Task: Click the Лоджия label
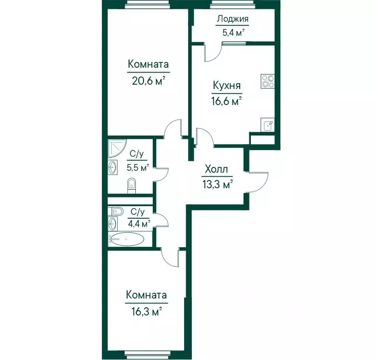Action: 232,19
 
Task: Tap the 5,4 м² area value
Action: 233,32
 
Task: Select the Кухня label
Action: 227,86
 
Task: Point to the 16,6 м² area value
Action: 227,101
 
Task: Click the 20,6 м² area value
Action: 148,81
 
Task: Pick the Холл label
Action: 216,169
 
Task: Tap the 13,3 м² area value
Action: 217,184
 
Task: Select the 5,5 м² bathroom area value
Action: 138,167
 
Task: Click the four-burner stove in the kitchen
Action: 267,81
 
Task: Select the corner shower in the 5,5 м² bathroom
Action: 117,149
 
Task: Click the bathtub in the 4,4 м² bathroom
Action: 127,239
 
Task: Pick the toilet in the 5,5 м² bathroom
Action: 131,185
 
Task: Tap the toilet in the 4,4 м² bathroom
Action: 116,211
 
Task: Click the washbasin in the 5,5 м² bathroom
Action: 113,167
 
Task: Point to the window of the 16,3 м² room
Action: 146,354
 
